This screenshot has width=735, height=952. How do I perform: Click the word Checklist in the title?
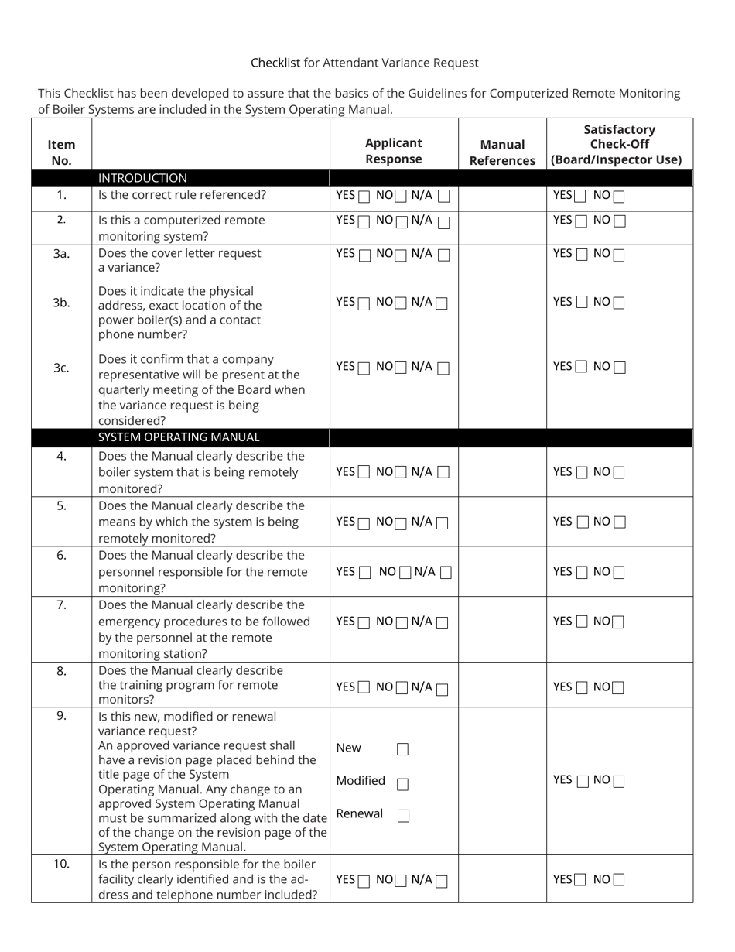click(275, 63)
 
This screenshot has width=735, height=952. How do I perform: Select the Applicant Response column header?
click(394, 151)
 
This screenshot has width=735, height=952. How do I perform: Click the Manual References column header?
click(502, 152)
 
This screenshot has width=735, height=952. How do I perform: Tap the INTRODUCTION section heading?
click(142, 178)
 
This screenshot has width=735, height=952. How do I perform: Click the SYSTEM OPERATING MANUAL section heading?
click(179, 437)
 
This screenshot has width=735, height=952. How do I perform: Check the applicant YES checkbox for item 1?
click(364, 197)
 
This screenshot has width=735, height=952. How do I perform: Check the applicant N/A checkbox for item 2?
click(444, 222)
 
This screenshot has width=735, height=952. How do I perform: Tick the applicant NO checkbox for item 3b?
click(401, 303)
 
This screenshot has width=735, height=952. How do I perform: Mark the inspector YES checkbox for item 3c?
click(582, 367)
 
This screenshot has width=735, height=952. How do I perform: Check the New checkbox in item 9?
click(402, 749)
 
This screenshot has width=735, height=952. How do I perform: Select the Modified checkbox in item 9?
click(402, 784)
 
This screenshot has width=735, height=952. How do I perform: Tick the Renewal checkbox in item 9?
click(403, 816)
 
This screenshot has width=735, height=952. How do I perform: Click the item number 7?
click(61, 604)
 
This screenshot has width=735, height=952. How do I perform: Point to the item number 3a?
click(61, 253)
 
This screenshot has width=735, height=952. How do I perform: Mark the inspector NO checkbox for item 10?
click(618, 880)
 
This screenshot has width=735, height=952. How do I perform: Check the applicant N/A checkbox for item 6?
click(446, 573)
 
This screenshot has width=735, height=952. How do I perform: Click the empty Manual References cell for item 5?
click(502, 522)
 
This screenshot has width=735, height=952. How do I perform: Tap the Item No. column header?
click(61, 152)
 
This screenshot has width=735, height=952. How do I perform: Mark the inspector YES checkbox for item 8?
click(582, 688)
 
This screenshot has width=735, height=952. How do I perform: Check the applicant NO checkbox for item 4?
click(401, 473)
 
